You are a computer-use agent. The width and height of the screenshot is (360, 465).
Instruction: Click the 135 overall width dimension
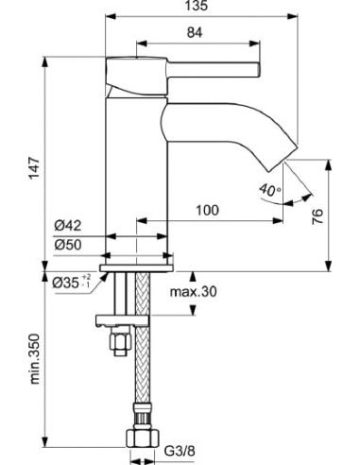(x=196, y=6)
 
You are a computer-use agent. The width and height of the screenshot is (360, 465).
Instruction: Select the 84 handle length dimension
(x=195, y=32)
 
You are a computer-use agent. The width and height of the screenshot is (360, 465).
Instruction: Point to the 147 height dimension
(x=34, y=167)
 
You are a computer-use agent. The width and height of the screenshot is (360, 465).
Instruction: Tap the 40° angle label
(x=270, y=190)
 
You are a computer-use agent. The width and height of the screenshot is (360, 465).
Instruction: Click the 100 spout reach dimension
(x=207, y=210)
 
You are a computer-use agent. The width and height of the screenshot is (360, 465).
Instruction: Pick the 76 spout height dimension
(x=317, y=216)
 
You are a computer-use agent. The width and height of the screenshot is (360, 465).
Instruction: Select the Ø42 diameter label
(x=67, y=226)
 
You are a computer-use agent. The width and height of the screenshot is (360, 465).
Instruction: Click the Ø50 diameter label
(x=67, y=245)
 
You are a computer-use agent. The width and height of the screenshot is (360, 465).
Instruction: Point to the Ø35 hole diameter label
(x=72, y=282)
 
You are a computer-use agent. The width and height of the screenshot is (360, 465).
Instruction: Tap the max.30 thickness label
(x=193, y=292)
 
